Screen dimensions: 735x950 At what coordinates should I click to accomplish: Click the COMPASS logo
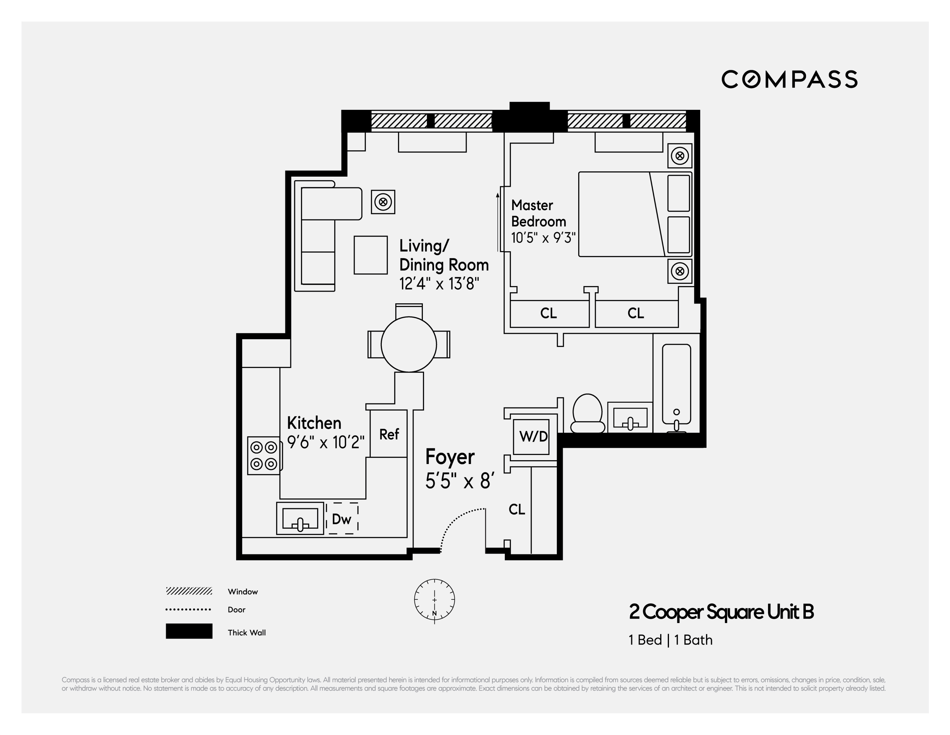tap(789, 79)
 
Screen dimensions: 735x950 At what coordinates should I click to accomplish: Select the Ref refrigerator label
tap(389, 434)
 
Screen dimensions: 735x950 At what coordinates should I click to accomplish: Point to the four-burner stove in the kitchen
tap(264, 456)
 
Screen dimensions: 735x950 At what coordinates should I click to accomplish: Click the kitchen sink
tap(300, 518)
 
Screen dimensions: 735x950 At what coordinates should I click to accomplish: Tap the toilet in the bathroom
tap(587, 414)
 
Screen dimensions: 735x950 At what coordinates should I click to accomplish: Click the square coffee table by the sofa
tap(370, 255)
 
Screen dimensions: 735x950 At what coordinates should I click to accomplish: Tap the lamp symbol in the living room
tap(383, 202)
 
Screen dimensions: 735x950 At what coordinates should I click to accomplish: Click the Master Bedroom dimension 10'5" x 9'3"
tap(543, 238)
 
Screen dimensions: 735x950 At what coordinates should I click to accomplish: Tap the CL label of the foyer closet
tap(517, 509)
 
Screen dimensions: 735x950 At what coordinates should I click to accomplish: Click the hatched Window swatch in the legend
tap(189, 591)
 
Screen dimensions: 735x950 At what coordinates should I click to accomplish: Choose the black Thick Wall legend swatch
tap(189, 631)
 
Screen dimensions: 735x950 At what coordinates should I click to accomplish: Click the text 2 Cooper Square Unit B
tap(721, 612)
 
